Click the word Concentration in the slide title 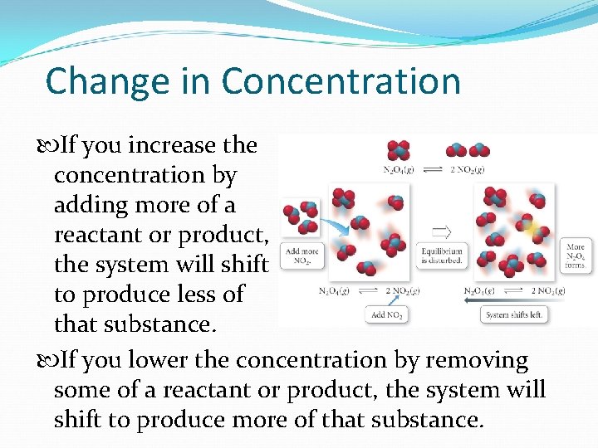341,81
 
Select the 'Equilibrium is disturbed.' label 443,255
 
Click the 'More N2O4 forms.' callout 576,256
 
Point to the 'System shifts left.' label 514,315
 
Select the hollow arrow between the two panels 442,231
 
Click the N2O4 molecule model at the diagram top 398,150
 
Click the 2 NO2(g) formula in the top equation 468,170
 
